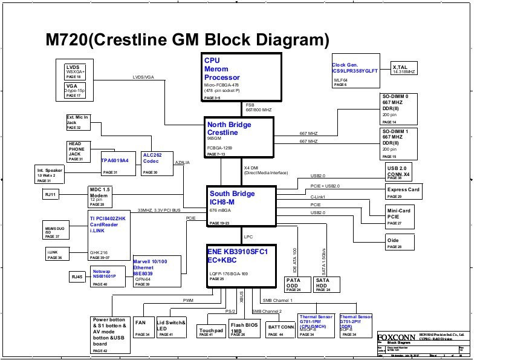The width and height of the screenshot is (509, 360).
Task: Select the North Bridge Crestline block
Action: (239, 138)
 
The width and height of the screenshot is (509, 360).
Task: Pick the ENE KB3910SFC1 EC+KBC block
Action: (241, 264)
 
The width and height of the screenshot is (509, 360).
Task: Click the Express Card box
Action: (403, 192)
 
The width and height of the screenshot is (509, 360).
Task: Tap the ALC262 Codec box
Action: (156, 163)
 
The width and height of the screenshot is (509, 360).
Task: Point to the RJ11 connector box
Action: (50, 195)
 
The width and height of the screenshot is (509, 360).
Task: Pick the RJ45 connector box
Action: (77, 277)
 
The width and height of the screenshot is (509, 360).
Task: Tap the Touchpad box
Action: (211, 332)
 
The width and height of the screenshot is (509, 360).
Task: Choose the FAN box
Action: (143, 327)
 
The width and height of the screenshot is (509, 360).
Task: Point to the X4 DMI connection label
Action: (251, 168)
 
